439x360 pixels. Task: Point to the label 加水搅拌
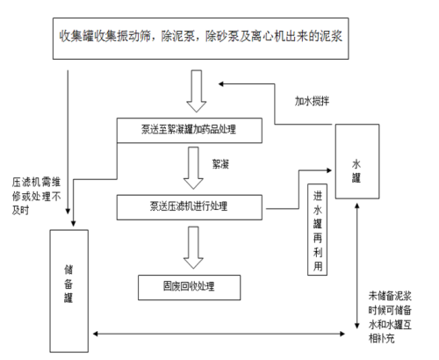click(312, 101)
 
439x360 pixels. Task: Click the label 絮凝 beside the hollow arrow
click(220, 164)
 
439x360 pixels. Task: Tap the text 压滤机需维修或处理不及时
click(36, 196)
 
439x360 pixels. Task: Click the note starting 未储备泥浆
click(390, 317)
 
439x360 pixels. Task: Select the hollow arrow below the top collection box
click(197, 90)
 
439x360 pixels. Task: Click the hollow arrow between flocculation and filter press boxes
click(193, 168)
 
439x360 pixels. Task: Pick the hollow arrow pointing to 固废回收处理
click(193, 248)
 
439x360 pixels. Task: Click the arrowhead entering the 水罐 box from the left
click(329, 170)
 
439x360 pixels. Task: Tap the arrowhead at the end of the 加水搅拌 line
click(221, 84)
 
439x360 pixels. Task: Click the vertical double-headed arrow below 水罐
click(357, 266)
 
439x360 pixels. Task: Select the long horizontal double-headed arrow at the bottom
click(219, 334)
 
